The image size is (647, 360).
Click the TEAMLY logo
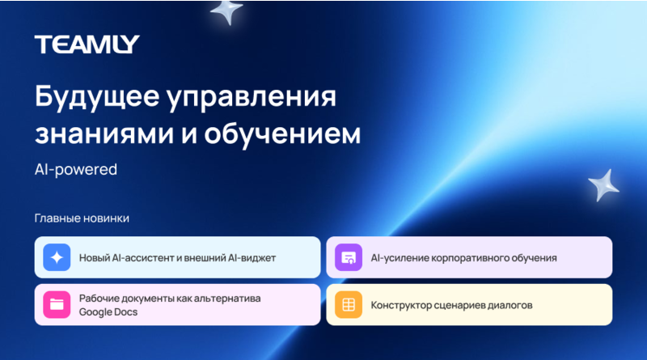(x=87, y=44)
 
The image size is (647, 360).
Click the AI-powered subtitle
(x=76, y=170)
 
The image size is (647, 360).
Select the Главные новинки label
(x=82, y=218)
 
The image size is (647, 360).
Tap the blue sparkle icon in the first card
(x=57, y=257)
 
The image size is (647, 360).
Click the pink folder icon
(x=57, y=304)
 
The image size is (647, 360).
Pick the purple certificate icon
(x=349, y=257)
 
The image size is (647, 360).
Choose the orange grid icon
(x=349, y=305)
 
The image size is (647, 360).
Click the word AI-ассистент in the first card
(x=141, y=258)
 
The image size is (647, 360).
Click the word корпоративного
(x=473, y=258)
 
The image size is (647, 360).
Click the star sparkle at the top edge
(x=226, y=11)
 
